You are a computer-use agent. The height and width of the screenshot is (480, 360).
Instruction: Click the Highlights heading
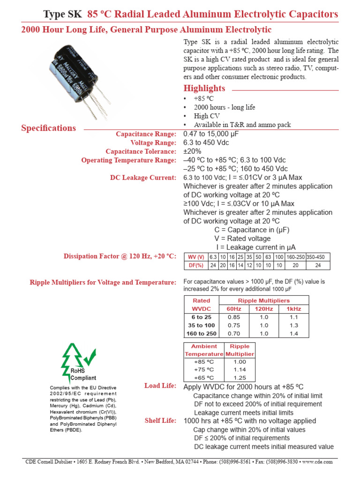(204, 89)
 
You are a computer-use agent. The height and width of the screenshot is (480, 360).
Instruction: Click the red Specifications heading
(49, 128)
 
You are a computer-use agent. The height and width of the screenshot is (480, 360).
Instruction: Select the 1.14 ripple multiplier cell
(240, 369)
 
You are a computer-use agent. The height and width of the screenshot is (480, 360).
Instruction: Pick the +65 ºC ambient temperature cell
(203, 377)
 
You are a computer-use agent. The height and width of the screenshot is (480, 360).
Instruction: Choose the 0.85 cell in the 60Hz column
(233, 317)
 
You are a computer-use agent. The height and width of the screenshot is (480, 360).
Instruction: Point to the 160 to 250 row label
(202, 333)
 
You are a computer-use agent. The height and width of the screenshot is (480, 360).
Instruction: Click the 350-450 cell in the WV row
(319, 257)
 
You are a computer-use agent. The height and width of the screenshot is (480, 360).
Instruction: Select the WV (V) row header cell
(195, 257)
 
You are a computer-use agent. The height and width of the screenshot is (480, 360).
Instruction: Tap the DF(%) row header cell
(195, 265)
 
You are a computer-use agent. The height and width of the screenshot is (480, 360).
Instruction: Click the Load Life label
(160, 386)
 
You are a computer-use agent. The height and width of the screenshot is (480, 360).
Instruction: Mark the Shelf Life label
(160, 421)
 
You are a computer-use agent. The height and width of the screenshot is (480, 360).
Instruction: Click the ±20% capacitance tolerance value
(192, 151)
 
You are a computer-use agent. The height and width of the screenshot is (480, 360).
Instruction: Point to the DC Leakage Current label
(143, 178)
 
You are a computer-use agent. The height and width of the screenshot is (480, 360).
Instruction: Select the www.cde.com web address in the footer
(317, 462)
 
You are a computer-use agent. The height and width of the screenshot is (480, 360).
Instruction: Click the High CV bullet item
(207, 116)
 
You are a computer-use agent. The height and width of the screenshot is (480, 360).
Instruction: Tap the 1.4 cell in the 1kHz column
(294, 333)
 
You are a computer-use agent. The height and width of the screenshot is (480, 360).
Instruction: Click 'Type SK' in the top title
(62, 15)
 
